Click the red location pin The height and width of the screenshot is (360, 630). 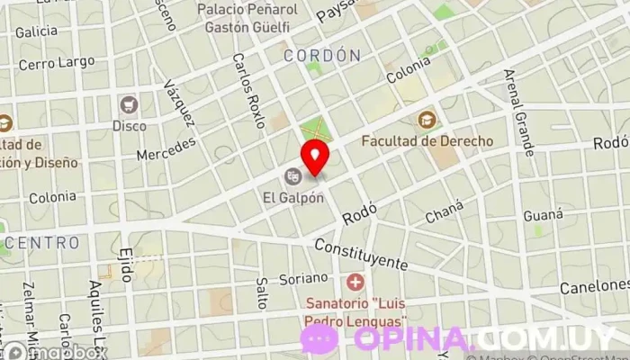(x=315, y=157)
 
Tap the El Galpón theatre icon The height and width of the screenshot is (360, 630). (x=292, y=175)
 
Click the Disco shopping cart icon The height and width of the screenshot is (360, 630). (x=129, y=105)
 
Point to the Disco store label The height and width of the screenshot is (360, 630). (x=129, y=125)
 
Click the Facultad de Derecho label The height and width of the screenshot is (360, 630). (x=427, y=140)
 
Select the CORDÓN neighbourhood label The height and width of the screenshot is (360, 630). (x=321, y=56)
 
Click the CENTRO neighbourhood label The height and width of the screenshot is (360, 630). (x=42, y=243)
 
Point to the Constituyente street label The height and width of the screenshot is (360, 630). (x=361, y=256)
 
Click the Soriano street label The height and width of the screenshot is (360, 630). (x=301, y=279)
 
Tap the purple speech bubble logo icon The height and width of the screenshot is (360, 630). (x=319, y=338)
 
